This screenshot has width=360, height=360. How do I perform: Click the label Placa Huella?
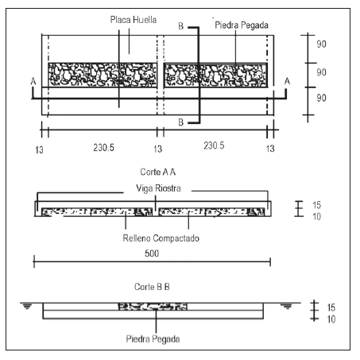click(x=134, y=20)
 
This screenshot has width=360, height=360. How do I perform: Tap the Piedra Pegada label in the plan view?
click(x=242, y=25)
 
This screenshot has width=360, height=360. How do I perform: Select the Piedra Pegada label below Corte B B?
click(x=153, y=339)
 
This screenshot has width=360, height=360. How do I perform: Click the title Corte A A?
click(x=158, y=172)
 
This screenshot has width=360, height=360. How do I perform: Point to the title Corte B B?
click(x=152, y=287)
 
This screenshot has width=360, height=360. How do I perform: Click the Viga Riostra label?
click(x=158, y=188)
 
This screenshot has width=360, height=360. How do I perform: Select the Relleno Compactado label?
click(x=161, y=238)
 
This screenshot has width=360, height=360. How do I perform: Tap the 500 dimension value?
click(x=152, y=254)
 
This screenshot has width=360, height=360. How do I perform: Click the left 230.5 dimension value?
click(x=103, y=148)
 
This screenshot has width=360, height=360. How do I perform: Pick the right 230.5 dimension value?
click(x=214, y=145)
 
